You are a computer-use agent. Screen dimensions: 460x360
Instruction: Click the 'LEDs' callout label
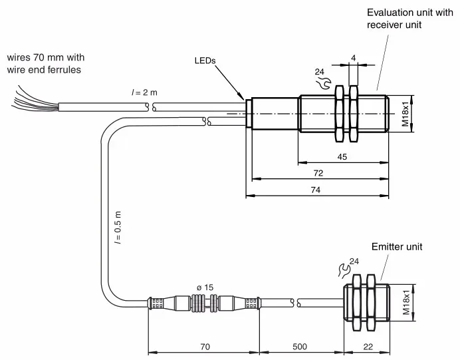[205, 61]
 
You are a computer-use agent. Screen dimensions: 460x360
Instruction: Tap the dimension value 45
[342, 156]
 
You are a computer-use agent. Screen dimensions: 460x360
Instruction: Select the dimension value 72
[318, 173]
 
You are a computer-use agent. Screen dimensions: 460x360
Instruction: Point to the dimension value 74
[315, 190]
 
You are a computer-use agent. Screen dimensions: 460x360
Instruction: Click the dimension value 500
[300, 347]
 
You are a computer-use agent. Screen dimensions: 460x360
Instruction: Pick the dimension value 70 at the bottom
[205, 347]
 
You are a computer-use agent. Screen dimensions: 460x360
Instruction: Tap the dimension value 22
[368, 347]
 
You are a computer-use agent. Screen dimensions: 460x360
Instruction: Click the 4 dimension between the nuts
[353, 58]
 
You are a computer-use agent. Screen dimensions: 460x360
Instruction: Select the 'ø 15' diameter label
[205, 287]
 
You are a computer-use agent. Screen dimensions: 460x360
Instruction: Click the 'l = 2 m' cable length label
[144, 92]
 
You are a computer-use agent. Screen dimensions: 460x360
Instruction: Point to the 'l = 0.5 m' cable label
[118, 228]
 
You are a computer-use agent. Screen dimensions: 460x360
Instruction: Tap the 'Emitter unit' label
[397, 247]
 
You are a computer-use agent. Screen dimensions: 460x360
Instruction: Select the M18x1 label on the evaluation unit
[405, 114]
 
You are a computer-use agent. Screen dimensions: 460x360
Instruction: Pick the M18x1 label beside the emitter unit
[406, 303]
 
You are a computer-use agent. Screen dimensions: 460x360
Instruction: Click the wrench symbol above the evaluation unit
[324, 83]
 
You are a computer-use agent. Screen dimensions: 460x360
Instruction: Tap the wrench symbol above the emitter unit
[344, 270]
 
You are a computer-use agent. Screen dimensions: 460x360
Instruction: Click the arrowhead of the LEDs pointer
[242, 97]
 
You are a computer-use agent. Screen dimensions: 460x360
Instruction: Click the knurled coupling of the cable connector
[205, 303]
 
